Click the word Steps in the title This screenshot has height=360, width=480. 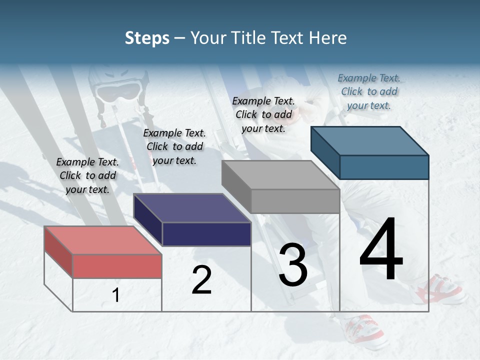(147, 38)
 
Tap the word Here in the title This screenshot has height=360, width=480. (328, 38)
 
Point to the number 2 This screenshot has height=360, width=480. (202, 280)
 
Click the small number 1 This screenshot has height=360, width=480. (116, 295)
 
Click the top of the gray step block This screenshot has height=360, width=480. (280, 175)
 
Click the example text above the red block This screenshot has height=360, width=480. (87, 175)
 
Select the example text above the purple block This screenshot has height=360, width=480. (174, 146)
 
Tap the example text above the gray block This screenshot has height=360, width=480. (263, 114)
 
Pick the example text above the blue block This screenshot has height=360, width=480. (369, 91)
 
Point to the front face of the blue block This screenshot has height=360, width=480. (384, 167)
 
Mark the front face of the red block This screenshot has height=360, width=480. (117, 266)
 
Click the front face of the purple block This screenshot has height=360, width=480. (206, 234)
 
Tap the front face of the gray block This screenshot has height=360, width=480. (295, 201)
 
